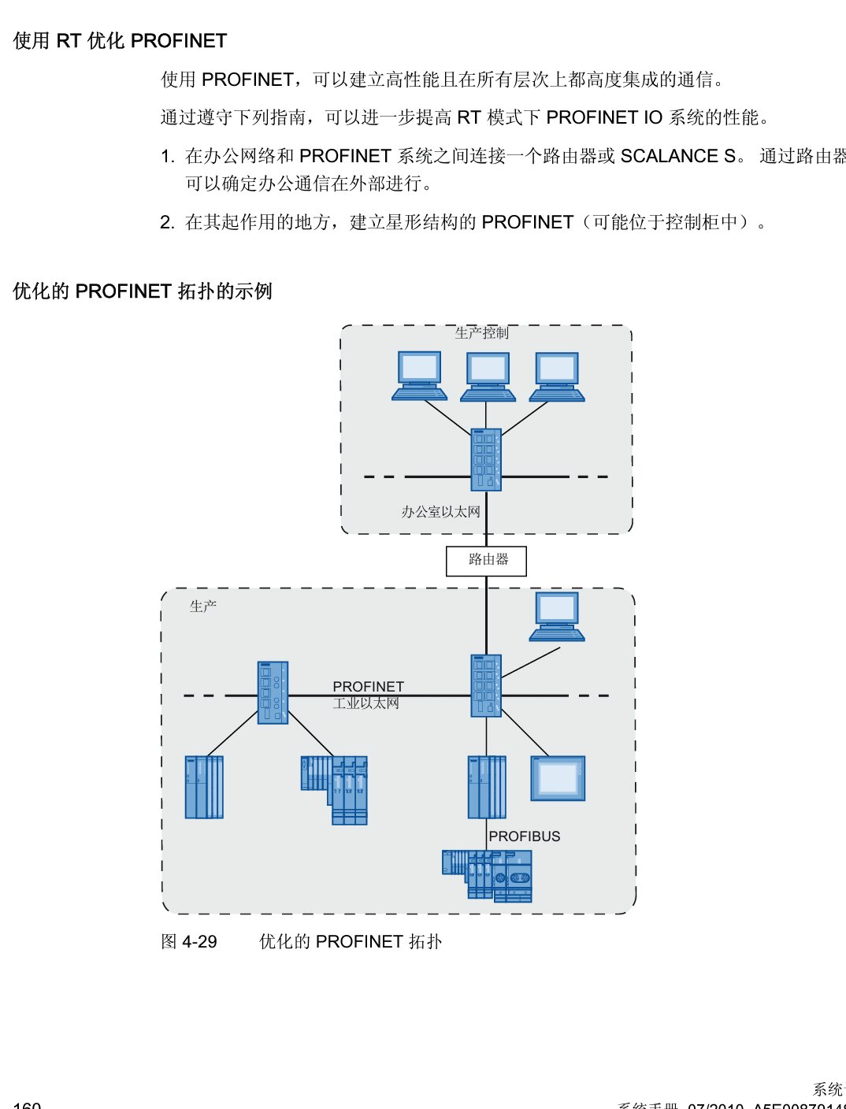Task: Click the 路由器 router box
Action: point(486,561)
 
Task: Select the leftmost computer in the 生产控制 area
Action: point(419,376)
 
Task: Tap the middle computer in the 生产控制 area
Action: point(488,376)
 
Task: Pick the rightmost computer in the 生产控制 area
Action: point(557,376)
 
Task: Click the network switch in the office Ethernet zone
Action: point(486,460)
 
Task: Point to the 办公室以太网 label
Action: point(440,512)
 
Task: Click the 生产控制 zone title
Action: point(481,333)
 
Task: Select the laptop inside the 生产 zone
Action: point(557,615)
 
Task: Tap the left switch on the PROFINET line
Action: point(273,692)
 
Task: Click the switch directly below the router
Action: point(486,685)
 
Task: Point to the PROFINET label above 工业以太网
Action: point(368,687)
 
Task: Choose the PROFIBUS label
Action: point(525,836)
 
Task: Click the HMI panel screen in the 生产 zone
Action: point(558,778)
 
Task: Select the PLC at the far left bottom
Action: point(204,787)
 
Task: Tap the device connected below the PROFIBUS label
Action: point(488,875)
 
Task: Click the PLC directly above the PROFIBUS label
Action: point(487,787)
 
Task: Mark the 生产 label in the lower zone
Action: point(202,606)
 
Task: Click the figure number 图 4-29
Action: point(189,942)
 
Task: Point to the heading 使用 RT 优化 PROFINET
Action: point(120,41)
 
